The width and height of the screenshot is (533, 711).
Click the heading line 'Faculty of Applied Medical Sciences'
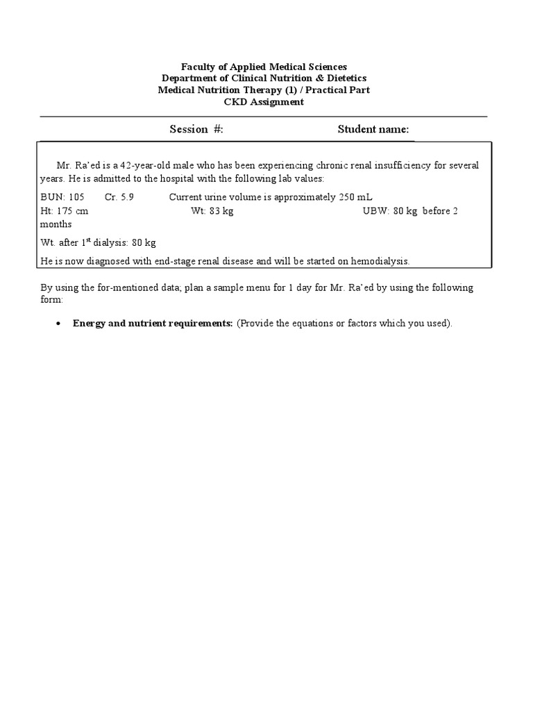point(264,67)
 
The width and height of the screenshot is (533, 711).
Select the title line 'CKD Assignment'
point(264,102)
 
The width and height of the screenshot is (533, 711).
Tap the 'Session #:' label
point(196,129)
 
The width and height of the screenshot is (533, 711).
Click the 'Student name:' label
point(373,129)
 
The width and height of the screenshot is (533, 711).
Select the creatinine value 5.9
point(128,197)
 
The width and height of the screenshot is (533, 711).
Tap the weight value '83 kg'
point(221,211)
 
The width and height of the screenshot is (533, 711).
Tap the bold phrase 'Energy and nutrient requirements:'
point(153,324)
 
